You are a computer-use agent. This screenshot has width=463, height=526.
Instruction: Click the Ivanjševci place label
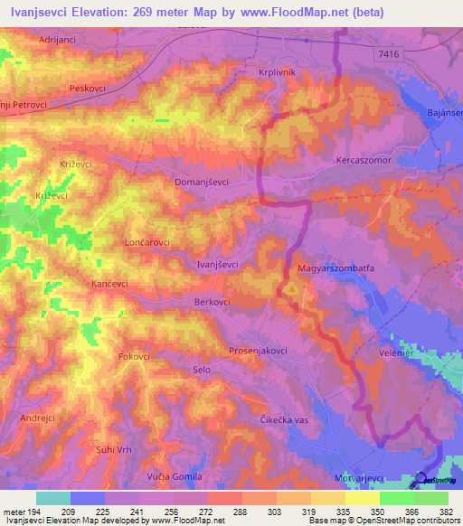point(218,264)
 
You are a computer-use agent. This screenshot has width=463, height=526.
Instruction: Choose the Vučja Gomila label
point(176,476)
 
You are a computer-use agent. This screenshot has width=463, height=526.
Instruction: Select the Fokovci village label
point(133,357)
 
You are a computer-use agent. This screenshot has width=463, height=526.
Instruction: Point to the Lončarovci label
point(146,244)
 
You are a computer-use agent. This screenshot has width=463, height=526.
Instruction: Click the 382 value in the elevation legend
point(446,511)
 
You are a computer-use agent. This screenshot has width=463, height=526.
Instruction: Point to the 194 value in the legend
point(36,511)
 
